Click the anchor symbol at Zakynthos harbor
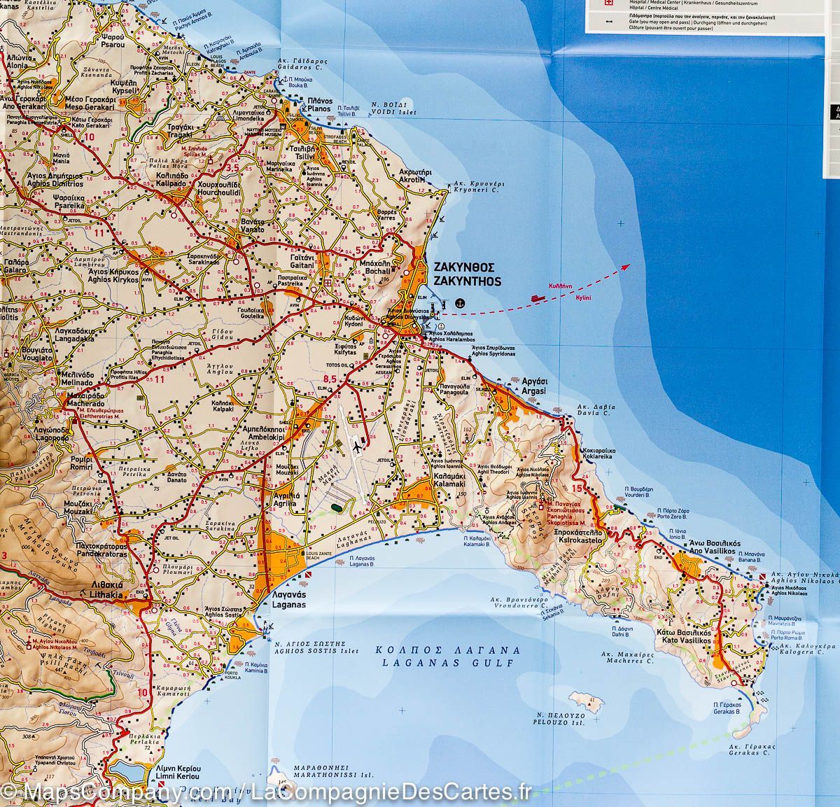pyautogui.click(x=460, y=302)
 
